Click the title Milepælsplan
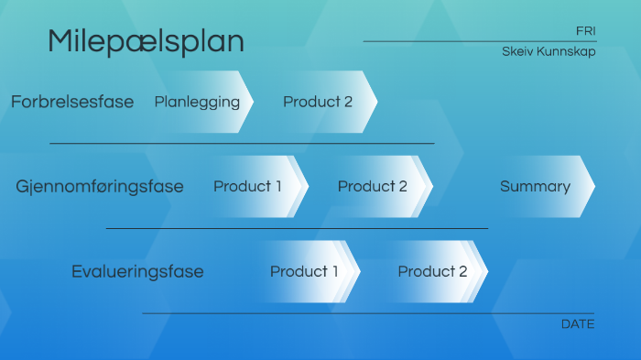click(x=146, y=41)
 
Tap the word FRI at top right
click(x=585, y=31)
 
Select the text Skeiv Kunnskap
click(x=549, y=52)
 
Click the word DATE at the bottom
click(x=577, y=324)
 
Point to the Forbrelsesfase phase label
click(x=72, y=102)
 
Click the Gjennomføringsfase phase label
click(x=100, y=187)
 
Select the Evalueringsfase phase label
click(x=137, y=272)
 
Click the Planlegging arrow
click(x=198, y=102)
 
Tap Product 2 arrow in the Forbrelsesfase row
click(x=318, y=102)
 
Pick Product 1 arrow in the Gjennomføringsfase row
click(x=248, y=187)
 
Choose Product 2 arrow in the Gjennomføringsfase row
click(x=373, y=187)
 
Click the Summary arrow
click(x=536, y=187)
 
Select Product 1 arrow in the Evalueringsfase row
click(x=305, y=272)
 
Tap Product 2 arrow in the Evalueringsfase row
click(x=432, y=272)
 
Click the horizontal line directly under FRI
click(x=479, y=41)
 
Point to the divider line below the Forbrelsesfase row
click(x=242, y=144)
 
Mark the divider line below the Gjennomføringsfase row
click(x=297, y=228)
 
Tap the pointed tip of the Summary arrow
click(x=592, y=187)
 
